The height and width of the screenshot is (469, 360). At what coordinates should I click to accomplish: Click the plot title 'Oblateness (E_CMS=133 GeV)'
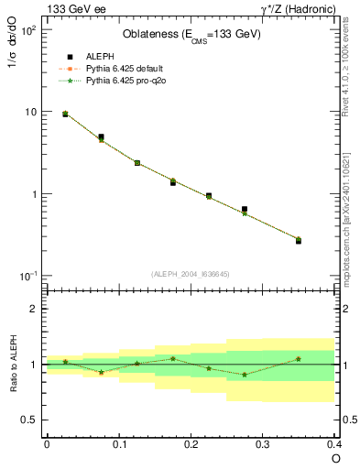(x=191, y=35)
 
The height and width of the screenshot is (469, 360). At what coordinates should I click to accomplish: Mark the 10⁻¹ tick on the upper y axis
(x=27, y=276)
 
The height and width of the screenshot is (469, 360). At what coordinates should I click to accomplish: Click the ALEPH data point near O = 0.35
(x=299, y=241)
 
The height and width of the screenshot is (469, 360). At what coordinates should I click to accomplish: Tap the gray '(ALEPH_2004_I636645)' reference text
(x=191, y=274)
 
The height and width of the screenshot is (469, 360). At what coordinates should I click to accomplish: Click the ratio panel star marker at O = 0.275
(x=245, y=375)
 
